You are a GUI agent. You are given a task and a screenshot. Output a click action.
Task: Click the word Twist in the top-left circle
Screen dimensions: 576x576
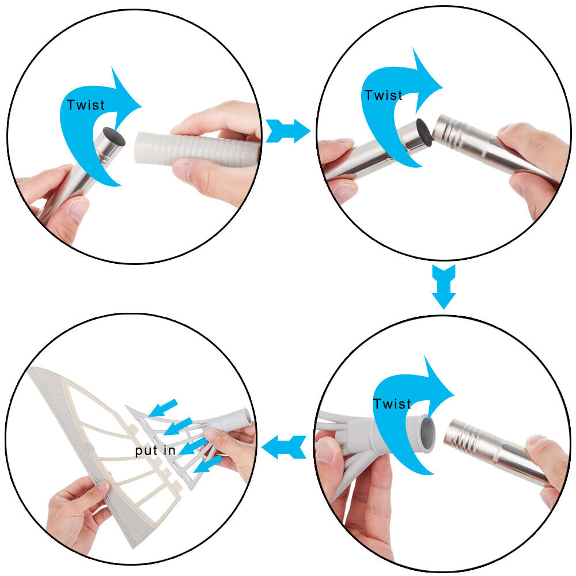[x=86, y=105]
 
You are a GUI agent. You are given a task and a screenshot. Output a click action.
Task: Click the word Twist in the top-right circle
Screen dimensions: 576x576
[x=383, y=95]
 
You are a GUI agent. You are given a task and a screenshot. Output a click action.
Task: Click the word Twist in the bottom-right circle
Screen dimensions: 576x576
[x=392, y=404]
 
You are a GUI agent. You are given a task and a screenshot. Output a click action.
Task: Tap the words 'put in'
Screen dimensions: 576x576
[x=155, y=451]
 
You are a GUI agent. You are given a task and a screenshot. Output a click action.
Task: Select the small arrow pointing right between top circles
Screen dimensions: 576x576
[x=287, y=131]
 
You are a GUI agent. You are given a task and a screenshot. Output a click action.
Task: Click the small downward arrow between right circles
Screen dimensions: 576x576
[x=444, y=286]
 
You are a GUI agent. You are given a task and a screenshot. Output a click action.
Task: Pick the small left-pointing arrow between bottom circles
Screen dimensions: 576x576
[x=283, y=447]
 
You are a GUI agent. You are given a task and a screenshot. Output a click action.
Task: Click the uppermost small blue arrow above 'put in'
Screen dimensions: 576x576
[x=163, y=408]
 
